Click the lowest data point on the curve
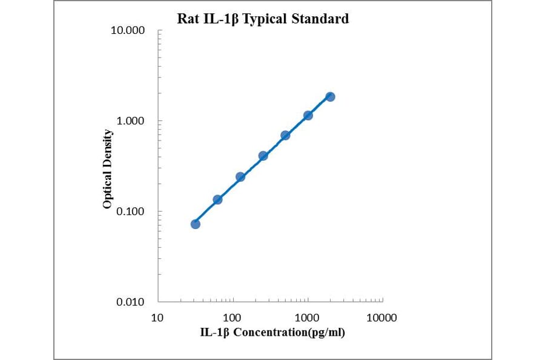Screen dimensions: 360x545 tap(195, 224)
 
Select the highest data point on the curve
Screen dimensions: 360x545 tap(330, 96)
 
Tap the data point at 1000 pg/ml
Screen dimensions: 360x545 tap(308, 115)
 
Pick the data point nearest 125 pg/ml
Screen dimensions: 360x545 tap(240, 176)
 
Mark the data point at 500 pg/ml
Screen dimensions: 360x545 tap(285, 135)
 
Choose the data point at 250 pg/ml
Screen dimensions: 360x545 tap(263, 156)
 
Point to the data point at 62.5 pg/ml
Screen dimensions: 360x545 tap(217, 199)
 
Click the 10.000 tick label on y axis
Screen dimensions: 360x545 tap(127, 31)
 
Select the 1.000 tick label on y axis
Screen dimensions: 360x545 tap(130, 121)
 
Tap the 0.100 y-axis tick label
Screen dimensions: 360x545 tap(130, 212)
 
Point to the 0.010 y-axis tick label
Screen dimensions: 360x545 tap(130, 302)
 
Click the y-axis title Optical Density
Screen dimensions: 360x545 tap(107, 169)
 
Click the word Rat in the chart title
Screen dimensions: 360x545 tap(187, 19)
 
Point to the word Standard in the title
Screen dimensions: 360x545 tap(320, 19)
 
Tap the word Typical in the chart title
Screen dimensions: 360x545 tap(265, 19)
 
